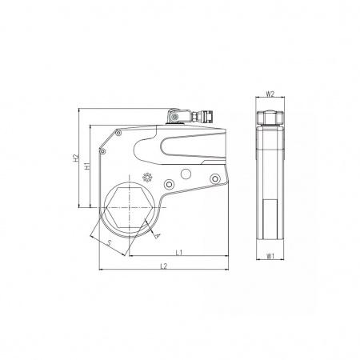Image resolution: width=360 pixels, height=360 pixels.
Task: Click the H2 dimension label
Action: pyautogui.click(x=77, y=158)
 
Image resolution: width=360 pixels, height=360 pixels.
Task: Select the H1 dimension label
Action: pyautogui.click(x=87, y=166)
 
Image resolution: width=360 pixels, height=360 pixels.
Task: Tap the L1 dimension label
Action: pyautogui.click(x=179, y=252)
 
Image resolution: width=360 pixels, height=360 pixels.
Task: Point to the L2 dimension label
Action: pyautogui.click(x=163, y=266)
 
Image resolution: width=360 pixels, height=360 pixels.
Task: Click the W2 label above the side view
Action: pyautogui.click(x=270, y=94)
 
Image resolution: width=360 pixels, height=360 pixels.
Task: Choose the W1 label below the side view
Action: pyautogui.click(x=270, y=256)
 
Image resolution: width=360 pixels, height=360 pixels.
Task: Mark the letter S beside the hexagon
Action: pyautogui.click(x=109, y=242)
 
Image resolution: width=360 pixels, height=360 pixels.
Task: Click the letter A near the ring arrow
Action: pyautogui.click(x=158, y=235)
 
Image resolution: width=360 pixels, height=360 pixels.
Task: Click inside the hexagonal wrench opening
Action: pyautogui.click(x=130, y=207)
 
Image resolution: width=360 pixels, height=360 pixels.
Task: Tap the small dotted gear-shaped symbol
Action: pyautogui.click(x=147, y=178)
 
